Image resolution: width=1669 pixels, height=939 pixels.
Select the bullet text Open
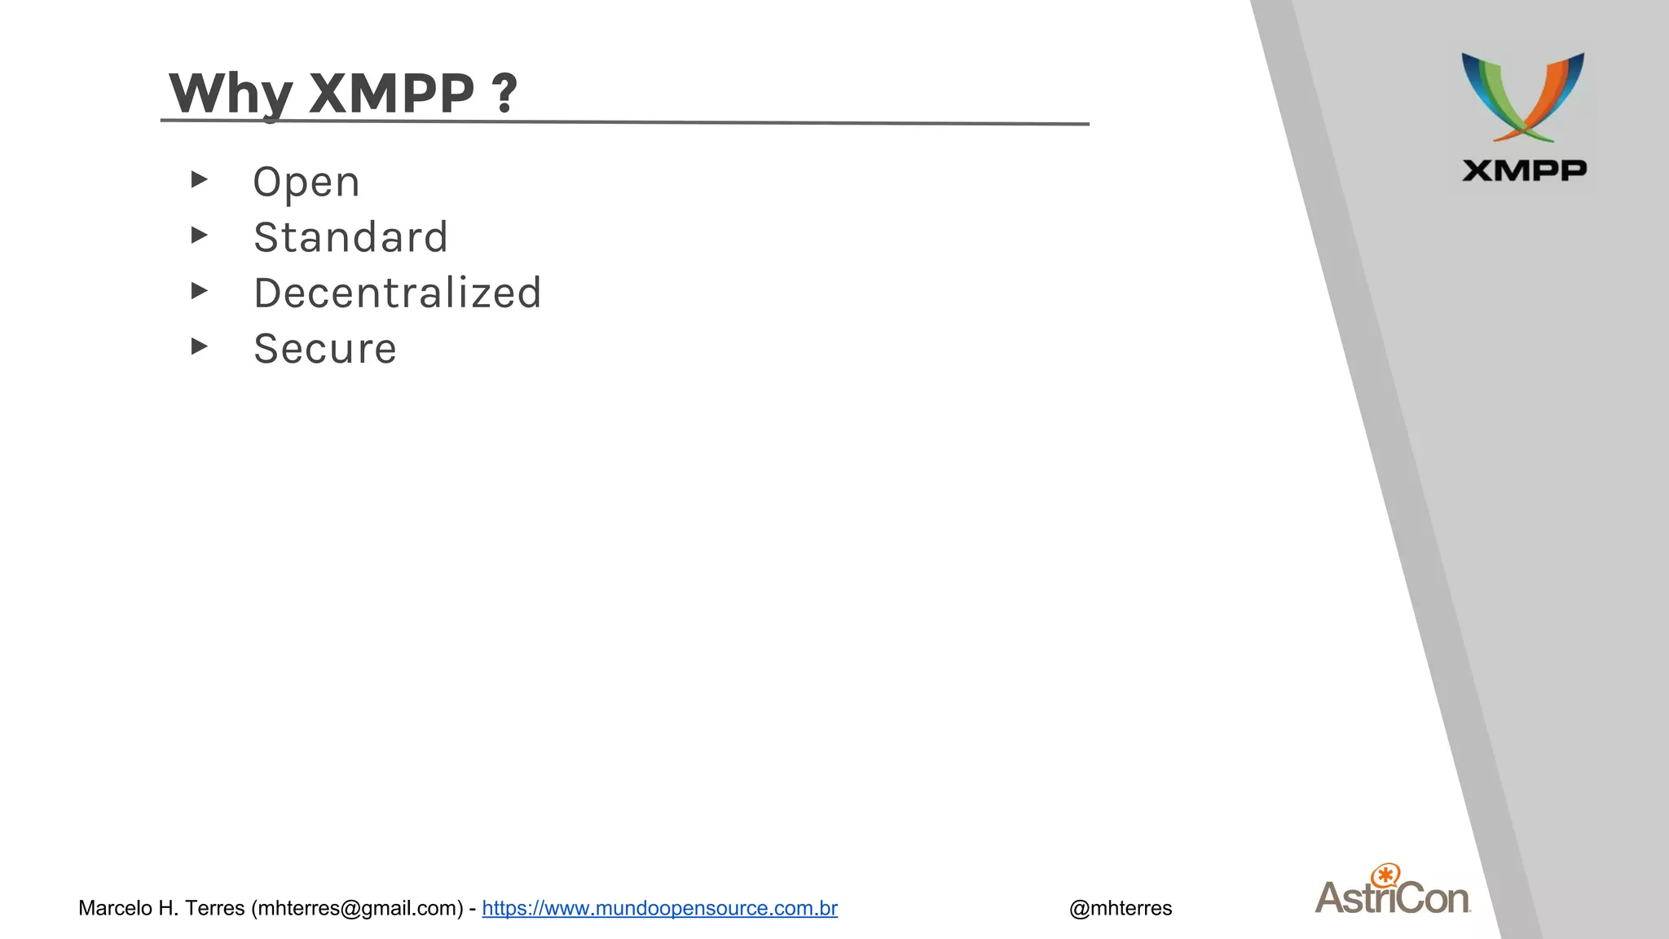tap(306, 182)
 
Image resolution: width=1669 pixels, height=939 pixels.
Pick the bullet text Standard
tap(350, 237)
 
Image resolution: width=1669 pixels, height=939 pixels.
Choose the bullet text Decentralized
tap(398, 293)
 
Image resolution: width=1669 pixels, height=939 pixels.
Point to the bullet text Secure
tap(325, 349)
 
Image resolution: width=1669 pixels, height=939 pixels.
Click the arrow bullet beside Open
tap(199, 179)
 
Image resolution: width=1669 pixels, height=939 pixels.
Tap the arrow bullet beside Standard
tap(199, 236)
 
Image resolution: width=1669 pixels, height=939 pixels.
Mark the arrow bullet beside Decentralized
tap(199, 291)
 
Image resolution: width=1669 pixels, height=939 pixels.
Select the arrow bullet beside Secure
tap(199, 346)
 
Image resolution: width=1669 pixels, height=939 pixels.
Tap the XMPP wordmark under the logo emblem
tap(1524, 170)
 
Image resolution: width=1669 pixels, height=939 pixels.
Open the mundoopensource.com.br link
tap(659, 908)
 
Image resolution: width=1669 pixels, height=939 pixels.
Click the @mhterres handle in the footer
tap(1121, 908)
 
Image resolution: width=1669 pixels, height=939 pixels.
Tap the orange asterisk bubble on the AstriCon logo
tap(1385, 875)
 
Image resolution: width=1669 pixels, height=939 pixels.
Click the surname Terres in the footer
tap(215, 908)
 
